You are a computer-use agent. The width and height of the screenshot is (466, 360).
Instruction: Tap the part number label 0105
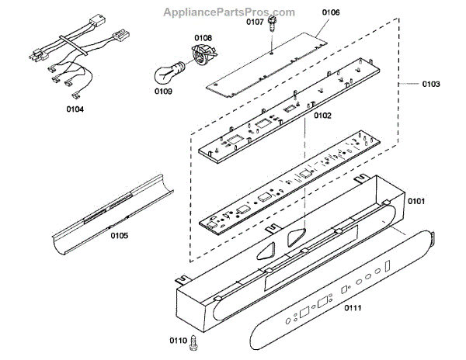[119, 236]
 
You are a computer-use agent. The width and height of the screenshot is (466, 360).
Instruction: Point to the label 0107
[256, 22]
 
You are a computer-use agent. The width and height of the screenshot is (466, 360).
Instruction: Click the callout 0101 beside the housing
[416, 202]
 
